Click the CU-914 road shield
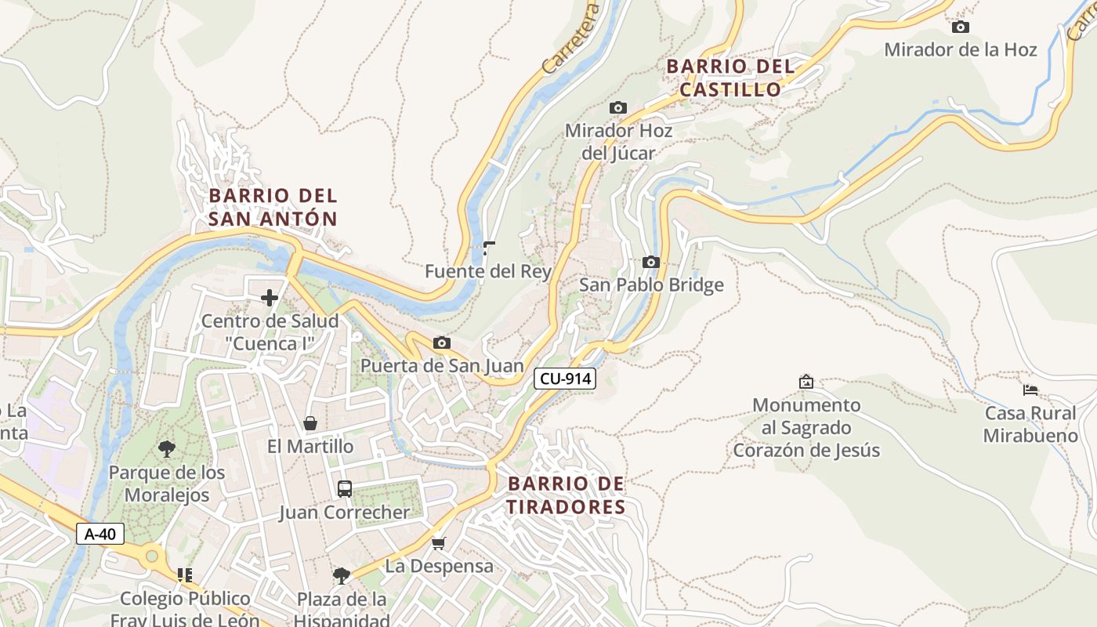pos(565,379)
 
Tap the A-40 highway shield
pos(100,535)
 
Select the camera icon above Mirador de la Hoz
pos(960,27)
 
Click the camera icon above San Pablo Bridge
pos(650,263)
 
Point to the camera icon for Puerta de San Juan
pos(442,343)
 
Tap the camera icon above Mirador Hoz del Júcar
pos(618,108)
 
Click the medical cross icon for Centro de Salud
pos(270,298)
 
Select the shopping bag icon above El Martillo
pos(310,424)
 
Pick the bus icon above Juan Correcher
pos(344,489)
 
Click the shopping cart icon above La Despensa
pos(439,543)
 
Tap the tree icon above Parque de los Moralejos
pos(166,449)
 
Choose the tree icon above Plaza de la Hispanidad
pos(341,577)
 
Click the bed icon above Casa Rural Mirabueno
pos(1030,390)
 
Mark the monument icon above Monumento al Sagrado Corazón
pos(806,382)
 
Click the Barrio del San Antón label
pos(273,207)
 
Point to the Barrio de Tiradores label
pos(566,495)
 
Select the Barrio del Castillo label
pos(730,78)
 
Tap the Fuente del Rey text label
pos(488,272)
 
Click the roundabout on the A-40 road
pos(151,557)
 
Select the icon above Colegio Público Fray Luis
pos(185,575)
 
